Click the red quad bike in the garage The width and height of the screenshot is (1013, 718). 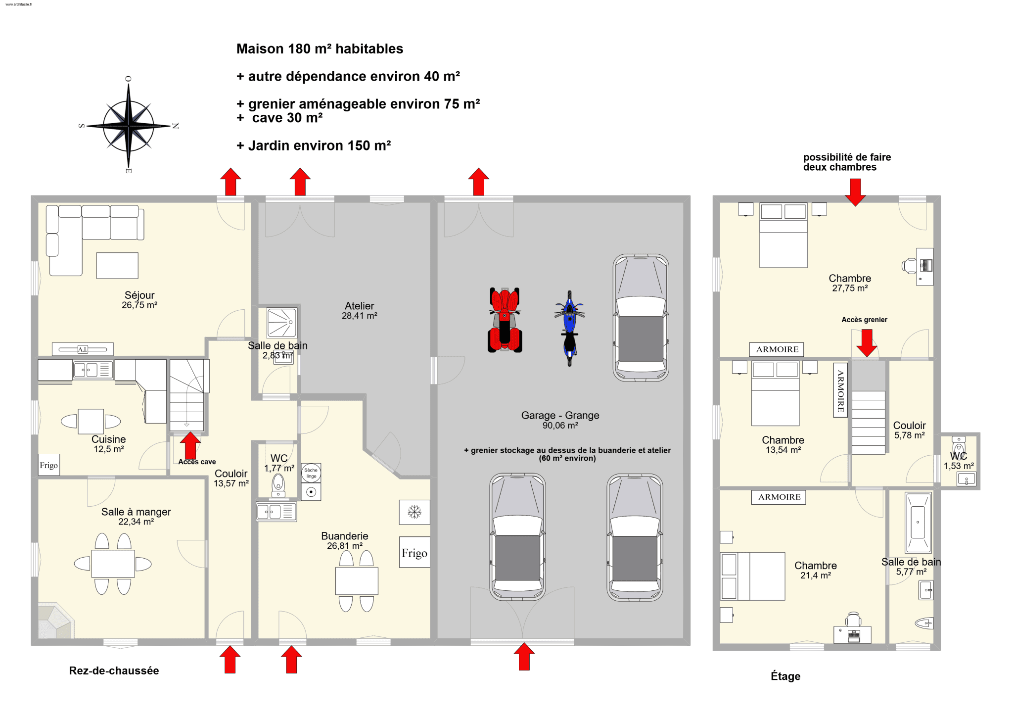[505, 320]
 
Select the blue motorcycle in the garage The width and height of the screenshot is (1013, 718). [569, 328]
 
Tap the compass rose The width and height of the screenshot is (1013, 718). [128, 125]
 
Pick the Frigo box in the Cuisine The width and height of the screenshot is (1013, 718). [49, 465]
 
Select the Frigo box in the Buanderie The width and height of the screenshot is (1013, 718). [414, 552]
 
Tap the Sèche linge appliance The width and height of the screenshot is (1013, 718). [311, 473]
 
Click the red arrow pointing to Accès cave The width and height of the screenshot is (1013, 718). [190, 446]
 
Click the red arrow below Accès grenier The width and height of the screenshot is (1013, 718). [867, 343]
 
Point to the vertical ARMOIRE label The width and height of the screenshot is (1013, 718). [840, 390]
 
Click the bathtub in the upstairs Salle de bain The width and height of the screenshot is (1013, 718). [918, 522]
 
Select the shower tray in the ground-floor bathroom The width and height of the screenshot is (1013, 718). [282, 323]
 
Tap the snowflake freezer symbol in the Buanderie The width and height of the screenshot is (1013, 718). [414, 512]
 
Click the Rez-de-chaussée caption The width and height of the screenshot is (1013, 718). [114, 670]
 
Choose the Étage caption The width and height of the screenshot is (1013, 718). [785, 676]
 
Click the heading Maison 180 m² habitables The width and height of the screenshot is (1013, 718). [320, 48]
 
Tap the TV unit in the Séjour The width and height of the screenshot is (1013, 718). [83, 349]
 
